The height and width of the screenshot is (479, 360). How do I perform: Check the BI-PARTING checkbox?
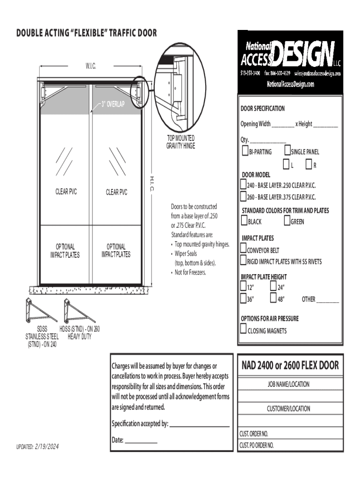(x=245, y=151)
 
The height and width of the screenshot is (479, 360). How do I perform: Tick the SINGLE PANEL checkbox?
(x=287, y=151)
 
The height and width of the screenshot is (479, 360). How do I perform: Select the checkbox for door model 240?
(x=243, y=185)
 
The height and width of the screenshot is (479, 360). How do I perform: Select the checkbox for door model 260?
(x=243, y=196)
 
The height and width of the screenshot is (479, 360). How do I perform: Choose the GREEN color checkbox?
(x=287, y=221)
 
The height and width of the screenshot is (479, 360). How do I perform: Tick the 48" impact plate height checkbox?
(x=274, y=298)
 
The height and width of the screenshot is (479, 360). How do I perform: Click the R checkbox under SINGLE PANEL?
(x=309, y=165)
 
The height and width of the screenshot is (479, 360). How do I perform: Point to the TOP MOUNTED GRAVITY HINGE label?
(x=180, y=142)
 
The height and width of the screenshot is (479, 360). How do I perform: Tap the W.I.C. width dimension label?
(x=91, y=66)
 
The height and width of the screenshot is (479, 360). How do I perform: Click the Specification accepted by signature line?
(x=200, y=425)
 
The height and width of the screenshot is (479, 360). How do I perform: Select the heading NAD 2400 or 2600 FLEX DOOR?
(x=290, y=365)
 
